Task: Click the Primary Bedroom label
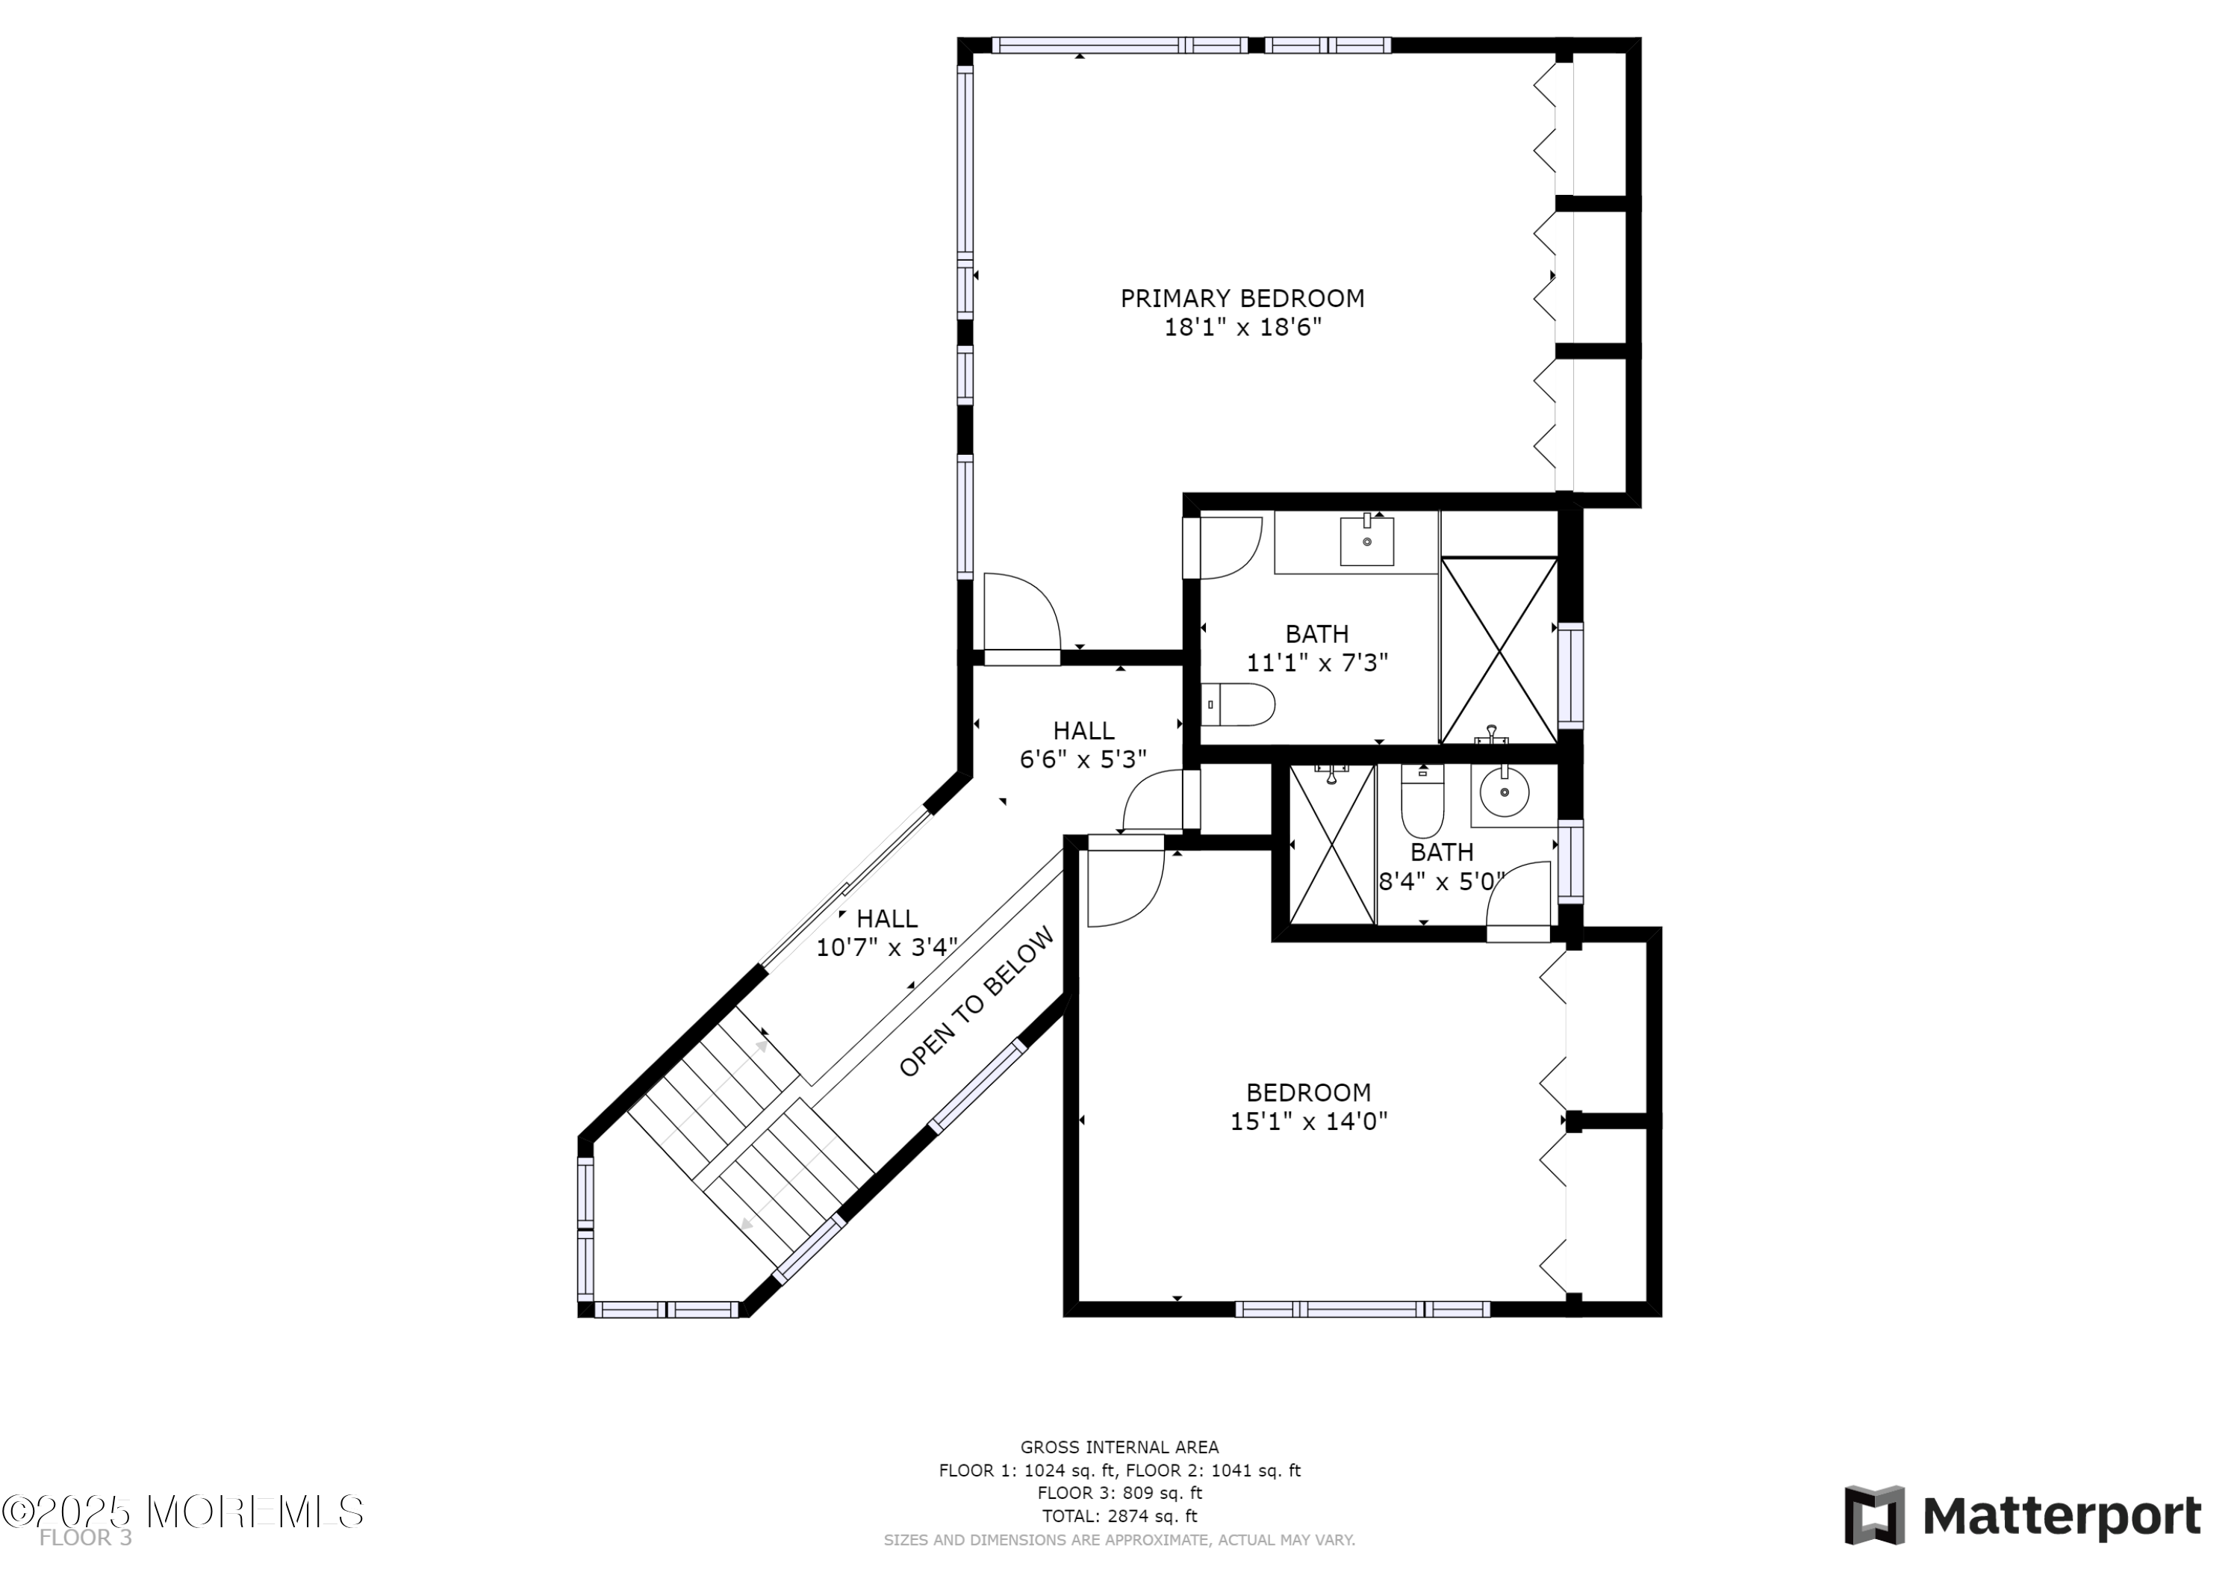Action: [x=1241, y=299]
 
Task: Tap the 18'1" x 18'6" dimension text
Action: [x=1241, y=328]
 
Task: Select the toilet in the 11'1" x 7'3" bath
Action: [x=1237, y=705]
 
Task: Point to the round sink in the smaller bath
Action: [x=1504, y=792]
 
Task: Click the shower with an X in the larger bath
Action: [x=1499, y=650]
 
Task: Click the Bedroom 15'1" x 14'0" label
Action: [x=1307, y=1107]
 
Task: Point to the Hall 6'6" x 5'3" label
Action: [x=1083, y=745]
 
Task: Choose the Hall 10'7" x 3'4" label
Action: [x=886, y=933]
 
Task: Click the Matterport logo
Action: [x=2021, y=1517]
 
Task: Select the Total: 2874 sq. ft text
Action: [x=1119, y=1516]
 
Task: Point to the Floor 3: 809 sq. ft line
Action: [x=1119, y=1492]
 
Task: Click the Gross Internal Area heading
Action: [x=1119, y=1447]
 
